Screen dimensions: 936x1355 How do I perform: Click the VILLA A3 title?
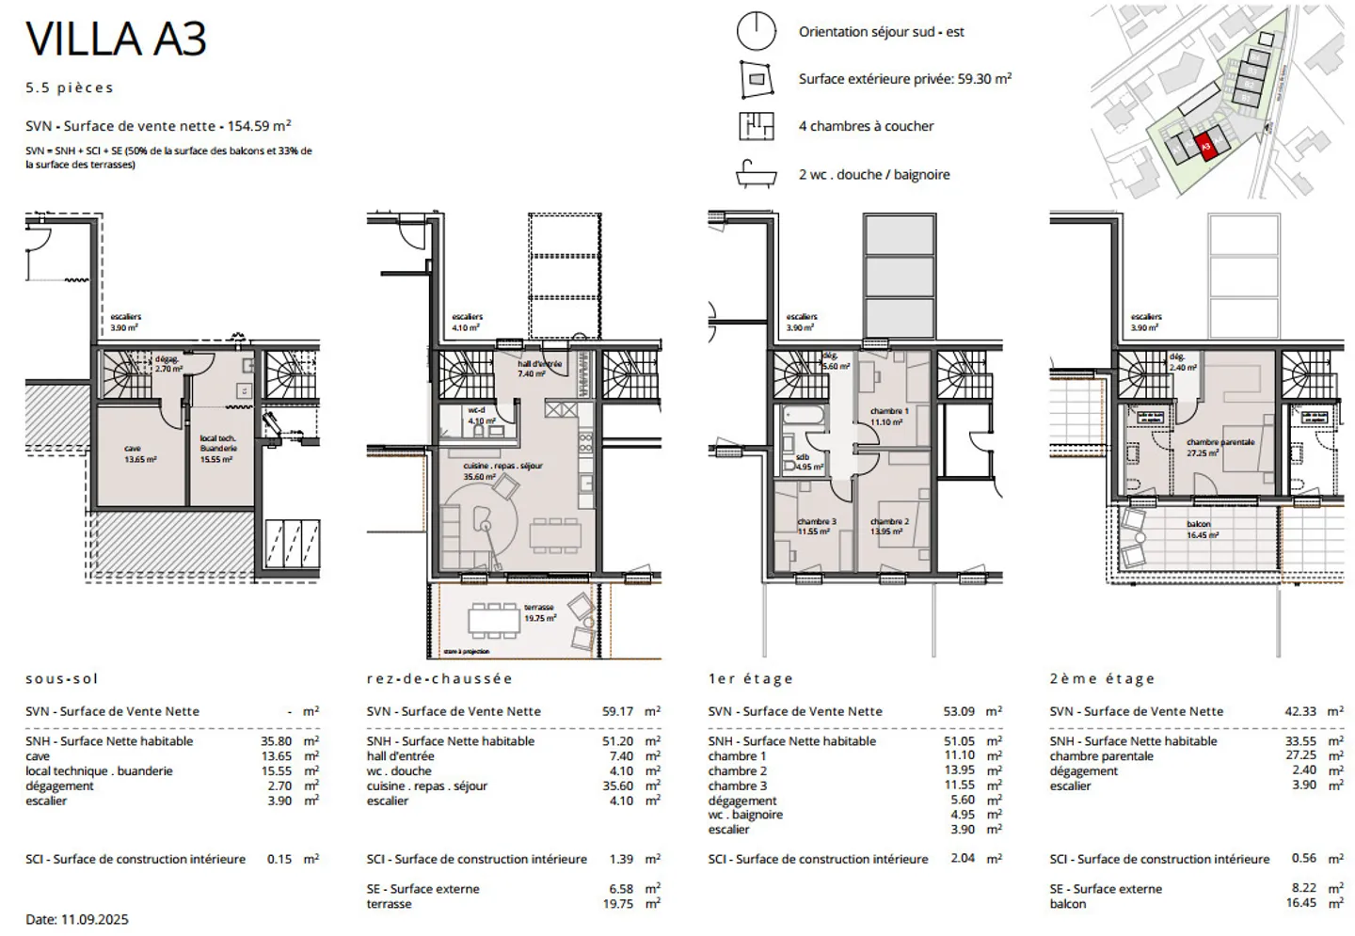[x=116, y=40]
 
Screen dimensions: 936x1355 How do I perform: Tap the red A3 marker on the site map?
[x=1204, y=147]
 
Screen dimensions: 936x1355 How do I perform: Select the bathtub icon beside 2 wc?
[x=756, y=174]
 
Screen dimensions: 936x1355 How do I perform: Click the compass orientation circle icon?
[x=756, y=31]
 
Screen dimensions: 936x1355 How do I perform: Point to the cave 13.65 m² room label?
[x=140, y=454]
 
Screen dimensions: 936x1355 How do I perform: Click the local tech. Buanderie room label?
[x=217, y=449]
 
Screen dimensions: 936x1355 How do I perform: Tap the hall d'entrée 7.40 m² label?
[x=539, y=369]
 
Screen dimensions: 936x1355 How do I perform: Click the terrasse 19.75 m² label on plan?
[x=539, y=613]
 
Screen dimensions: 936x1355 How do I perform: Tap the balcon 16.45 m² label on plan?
[x=1202, y=530]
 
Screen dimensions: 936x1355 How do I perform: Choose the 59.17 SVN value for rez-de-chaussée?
[x=617, y=711]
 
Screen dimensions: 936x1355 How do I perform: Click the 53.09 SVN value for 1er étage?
[x=959, y=711]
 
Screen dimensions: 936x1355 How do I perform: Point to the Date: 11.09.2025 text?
[x=77, y=919]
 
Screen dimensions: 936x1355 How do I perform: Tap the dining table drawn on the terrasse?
[x=494, y=619]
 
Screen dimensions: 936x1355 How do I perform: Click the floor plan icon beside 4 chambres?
[x=756, y=126]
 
